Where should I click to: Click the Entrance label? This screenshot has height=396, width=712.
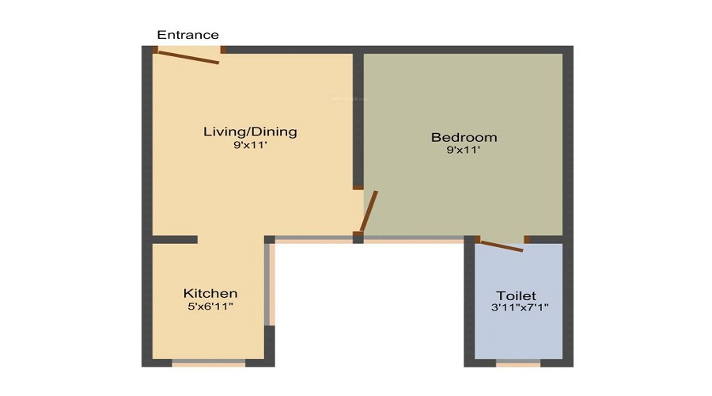pyautogui.click(x=187, y=35)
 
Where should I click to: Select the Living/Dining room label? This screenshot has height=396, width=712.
pyautogui.click(x=250, y=131)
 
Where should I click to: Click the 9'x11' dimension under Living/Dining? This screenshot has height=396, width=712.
pyautogui.click(x=250, y=146)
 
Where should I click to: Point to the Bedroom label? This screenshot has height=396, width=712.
pyautogui.click(x=464, y=137)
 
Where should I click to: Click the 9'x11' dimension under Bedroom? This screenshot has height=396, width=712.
pyautogui.click(x=464, y=150)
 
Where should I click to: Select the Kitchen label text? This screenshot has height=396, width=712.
pyautogui.click(x=210, y=293)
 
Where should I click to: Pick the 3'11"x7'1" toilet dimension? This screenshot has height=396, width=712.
pyautogui.click(x=519, y=307)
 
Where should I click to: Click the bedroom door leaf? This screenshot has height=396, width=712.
pyautogui.click(x=369, y=211)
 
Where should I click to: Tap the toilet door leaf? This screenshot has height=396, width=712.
pyautogui.click(x=501, y=246)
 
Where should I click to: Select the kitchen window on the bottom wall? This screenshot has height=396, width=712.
pyautogui.click(x=209, y=363)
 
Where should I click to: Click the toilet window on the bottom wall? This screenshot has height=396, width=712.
pyautogui.click(x=518, y=364)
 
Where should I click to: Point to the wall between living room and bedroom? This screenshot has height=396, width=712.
pyautogui.click(x=358, y=119)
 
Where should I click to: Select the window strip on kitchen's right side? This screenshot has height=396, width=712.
pyautogui.click(x=271, y=285)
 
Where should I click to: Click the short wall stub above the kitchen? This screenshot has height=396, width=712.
pyautogui.click(x=174, y=239)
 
